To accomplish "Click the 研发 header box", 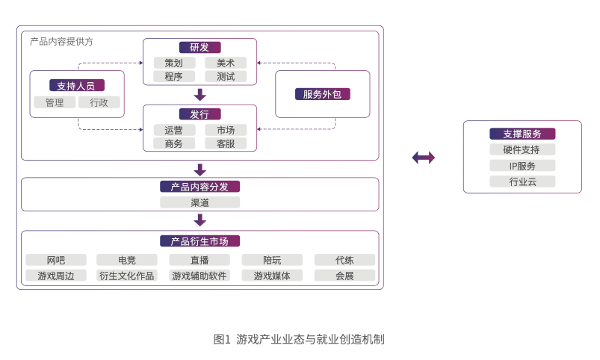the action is pyautogui.click(x=200, y=48).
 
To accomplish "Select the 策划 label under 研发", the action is pyautogui.click(x=174, y=63).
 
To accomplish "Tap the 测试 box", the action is pyautogui.click(x=226, y=76).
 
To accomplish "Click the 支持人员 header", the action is pyautogui.click(x=76, y=85).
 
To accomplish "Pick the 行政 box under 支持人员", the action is pyautogui.click(x=99, y=102).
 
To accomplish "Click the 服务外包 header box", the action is pyautogui.click(x=323, y=94).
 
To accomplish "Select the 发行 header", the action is pyautogui.click(x=200, y=114).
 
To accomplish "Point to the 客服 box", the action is pyautogui.click(x=226, y=143).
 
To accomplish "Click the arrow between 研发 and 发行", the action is pyautogui.click(x=200, y=95).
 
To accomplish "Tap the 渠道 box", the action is pyautogui.click(x=200, y=202).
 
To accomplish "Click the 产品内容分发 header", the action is pyautogui.click(x=200, y=187).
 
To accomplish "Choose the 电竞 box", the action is pyautogui.click(x=127, y=260).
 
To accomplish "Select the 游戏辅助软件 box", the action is pyautogui.click(x=200, y=276).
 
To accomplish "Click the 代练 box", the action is pyautogui.click(x=344, y=260).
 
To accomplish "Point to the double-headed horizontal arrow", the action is pyautogui.click(x=423, y=158).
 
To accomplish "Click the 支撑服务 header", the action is pyautogui.click(x=522, y=134).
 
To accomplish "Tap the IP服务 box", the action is pyautogui.click(x=522, y=166).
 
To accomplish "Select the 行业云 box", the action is pyautogui.click(x=522, y=181).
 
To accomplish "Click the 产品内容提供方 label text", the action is pyautogui.click(x=61, y=41).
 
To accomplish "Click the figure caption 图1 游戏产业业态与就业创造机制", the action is pyautogui.click(x=299, y=339).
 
